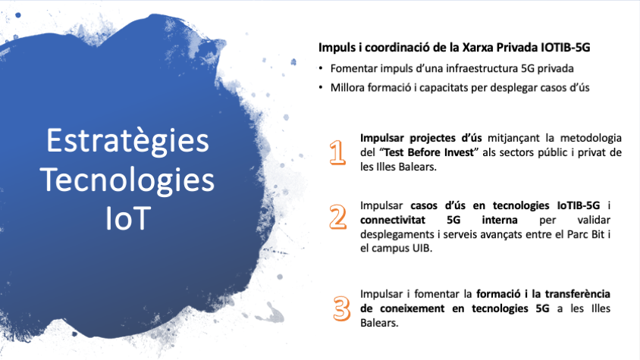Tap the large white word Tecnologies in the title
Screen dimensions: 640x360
pyautogui.click(x=127, y=180)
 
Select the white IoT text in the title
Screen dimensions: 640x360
pyautogui.click(x=128, y=218)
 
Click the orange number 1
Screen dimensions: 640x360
pyautogui.click(x=337, y=152)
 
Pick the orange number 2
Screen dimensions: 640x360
pyautogui.click(x=338, y=217)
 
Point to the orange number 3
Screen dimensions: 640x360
pyautogui.click(x=342, y=308)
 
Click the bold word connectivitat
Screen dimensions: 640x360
pyautogui.click(x=393, y=220)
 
